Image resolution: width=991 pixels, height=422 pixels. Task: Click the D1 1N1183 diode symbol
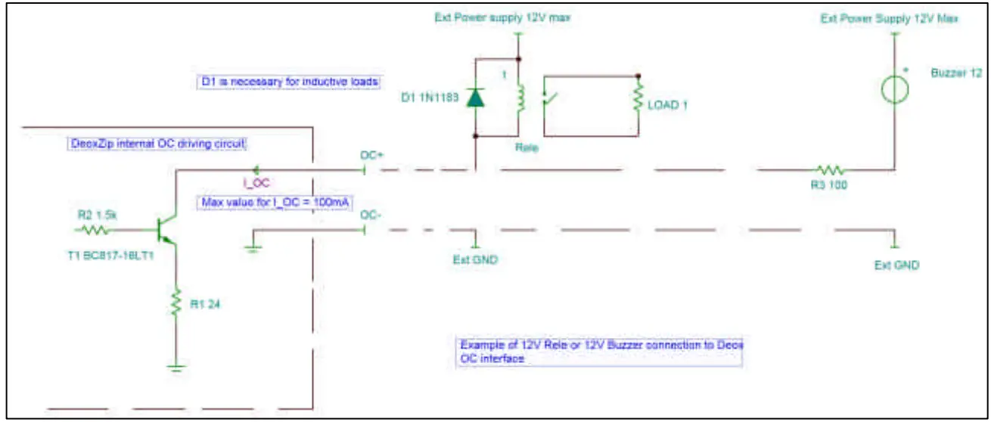475,98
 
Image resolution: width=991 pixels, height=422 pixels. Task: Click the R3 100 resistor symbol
829,171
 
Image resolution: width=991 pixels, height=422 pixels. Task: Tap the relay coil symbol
519,97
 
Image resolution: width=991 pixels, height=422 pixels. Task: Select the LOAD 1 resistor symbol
638,98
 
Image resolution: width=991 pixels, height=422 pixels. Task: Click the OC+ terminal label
373,156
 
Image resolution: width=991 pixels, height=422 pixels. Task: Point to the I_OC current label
256,183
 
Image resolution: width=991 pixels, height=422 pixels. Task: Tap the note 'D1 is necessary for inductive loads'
287,81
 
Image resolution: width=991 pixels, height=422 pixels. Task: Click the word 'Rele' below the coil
527,147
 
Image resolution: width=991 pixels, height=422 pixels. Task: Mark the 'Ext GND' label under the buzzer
896,265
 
